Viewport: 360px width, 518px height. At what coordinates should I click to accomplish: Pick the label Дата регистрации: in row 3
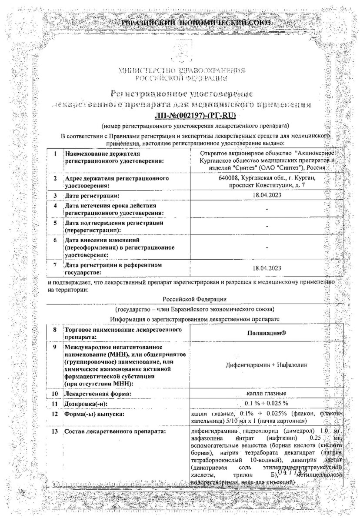[91, 196]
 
